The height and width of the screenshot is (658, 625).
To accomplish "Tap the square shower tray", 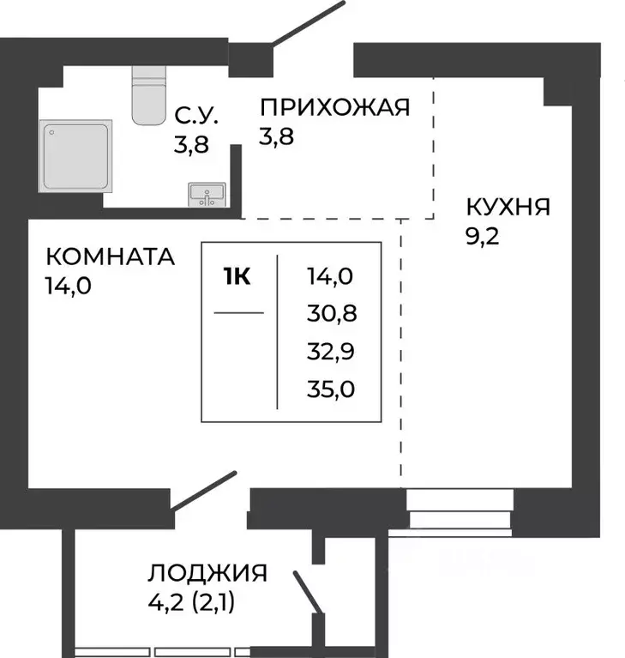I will point(76,154).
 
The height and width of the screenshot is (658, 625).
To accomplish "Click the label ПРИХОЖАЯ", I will point(335,107).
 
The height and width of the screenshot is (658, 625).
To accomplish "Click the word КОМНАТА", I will point(109,257).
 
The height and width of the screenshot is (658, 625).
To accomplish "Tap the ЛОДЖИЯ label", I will point(207,573).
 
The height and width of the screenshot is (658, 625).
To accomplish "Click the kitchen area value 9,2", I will point(482,236).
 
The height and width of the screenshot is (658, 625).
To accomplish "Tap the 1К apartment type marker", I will point(237,277).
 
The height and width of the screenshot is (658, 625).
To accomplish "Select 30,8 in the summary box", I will point(330,314).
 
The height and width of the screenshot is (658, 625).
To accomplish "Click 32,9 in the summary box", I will point(330,352).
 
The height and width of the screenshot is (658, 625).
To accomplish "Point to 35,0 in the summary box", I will point(330,390).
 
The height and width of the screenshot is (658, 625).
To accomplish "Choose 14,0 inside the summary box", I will point(330,276).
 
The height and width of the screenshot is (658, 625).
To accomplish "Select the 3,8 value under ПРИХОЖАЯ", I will point(277,136).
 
